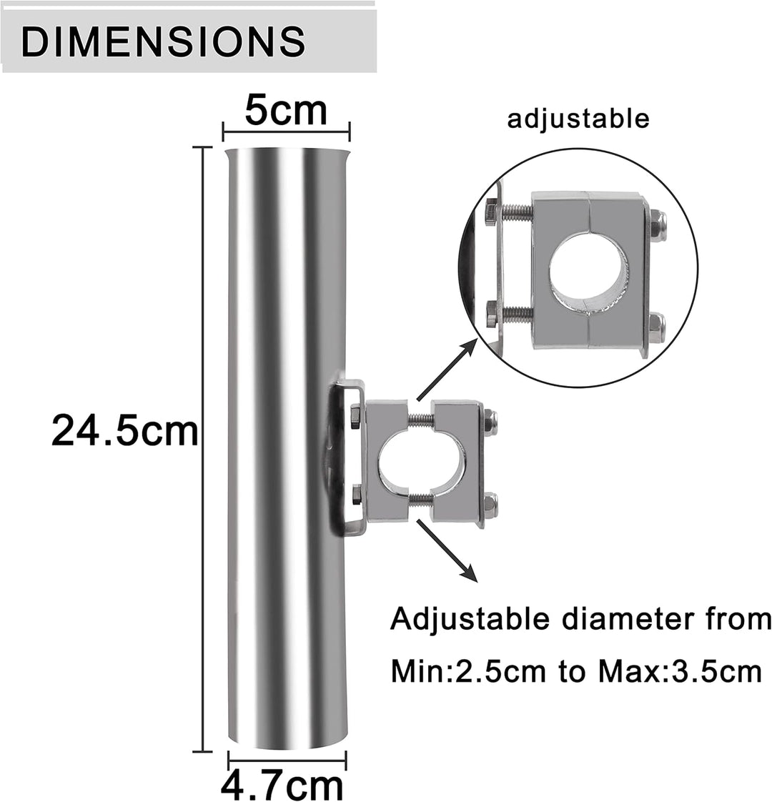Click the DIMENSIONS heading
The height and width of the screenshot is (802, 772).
[x=164, y=41]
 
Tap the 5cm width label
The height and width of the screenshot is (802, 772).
[x=286, y=110]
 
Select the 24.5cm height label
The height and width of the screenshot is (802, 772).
[x=125, y=431]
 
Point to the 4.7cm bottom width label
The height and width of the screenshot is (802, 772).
[x=282, y=785]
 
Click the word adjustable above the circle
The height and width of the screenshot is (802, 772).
[x=578, y=119]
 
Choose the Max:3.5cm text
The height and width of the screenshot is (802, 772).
[x=680, y=672]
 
